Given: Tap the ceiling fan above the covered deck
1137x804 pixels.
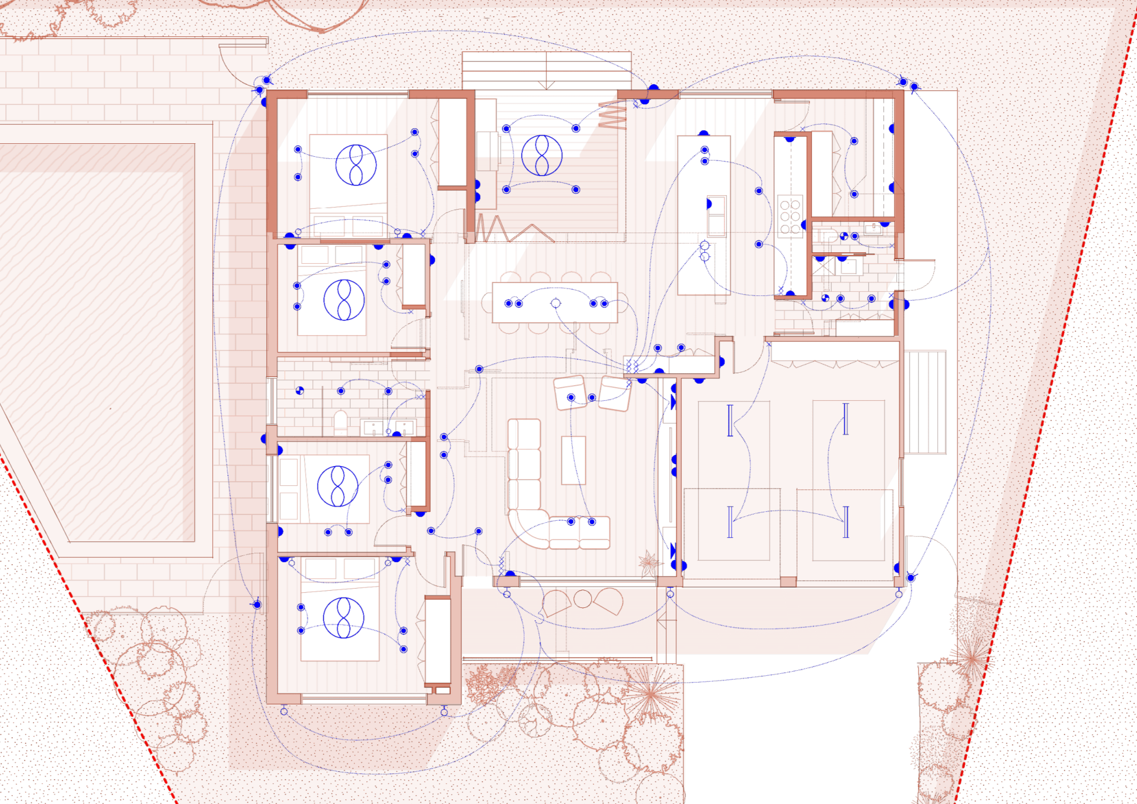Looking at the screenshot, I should click(x=541, y=155).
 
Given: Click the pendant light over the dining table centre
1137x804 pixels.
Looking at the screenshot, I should click(x=555, y=303).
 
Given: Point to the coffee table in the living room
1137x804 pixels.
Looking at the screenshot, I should click(x=573, y=460).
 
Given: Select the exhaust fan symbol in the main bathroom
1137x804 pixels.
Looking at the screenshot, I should click(x=299, y=391).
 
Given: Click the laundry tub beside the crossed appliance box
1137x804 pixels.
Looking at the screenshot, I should click(x=848, y=267).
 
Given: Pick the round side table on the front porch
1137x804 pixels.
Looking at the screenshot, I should click(x=582, y=599).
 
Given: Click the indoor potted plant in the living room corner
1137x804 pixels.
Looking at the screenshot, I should click(x=649, y=562).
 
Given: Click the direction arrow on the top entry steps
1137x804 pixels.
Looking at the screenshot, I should click(x=546, y=85).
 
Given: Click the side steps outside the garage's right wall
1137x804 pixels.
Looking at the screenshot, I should click(x=925, y=402).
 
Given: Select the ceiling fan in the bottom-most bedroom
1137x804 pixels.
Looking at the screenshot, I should click(x=343, y=618).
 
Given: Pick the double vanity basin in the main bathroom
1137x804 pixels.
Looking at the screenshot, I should click(x=388, y=428).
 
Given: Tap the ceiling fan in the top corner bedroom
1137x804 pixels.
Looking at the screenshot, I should click(x=355, y=165).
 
